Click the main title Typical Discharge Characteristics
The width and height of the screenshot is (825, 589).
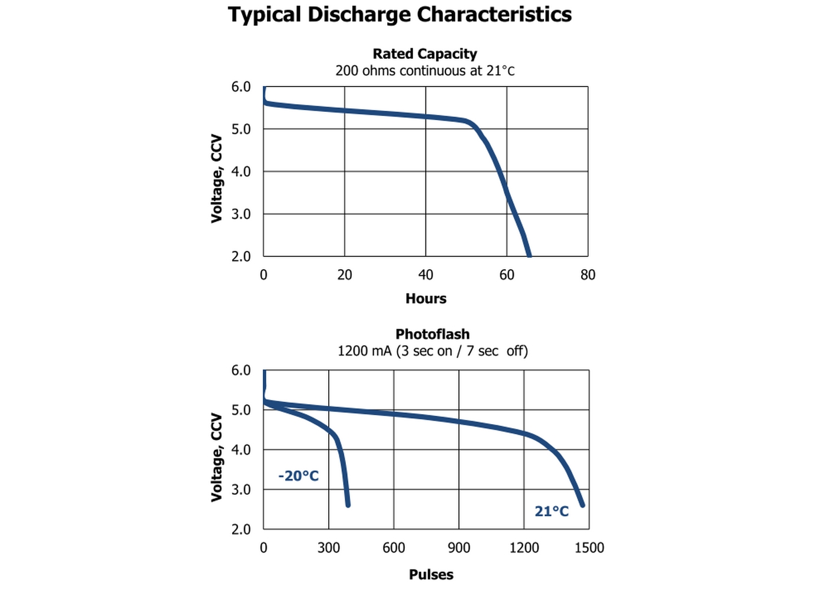pyautogui.click(x=400, y=15)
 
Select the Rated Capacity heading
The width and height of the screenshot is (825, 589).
pyautogui.click(x=424, y=54)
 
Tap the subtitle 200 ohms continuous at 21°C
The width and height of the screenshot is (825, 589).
pyautogui.click(x=424, y=71)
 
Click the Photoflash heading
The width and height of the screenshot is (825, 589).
pyautogui.click(x=432, y=335)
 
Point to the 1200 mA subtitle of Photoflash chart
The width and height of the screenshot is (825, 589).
pyautogui.click(x=432, y=351)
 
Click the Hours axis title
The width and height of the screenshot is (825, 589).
pyautogui.click(x=425, y=299)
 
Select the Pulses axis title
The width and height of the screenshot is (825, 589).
pyautogui.click(x=431, y=574)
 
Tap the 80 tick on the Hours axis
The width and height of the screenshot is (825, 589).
pyautogui.click(x=588, y=275)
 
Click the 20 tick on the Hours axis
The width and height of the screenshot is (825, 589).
pyautogui.click(x=345, y=275)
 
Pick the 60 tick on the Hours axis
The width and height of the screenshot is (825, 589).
pyautogui.click(x=507, y=275)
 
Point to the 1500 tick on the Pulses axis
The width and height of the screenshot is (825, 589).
pyautogui.click(x=589, y=548)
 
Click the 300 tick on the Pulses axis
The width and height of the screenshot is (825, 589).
pyautogui.click(x=329, y=548)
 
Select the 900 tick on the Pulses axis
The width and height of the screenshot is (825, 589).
pyautogui.click(x=459, y=548)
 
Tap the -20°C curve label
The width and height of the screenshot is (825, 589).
pyautogui.click(x=298, y=476)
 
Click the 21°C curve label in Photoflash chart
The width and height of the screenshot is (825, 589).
pyautogui.click(x=552, y=511)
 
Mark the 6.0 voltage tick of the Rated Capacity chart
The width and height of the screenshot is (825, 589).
pyautogui.click(x=241, y=87)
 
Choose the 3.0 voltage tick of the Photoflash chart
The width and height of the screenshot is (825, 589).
pyautogui.click(x=241, y=490)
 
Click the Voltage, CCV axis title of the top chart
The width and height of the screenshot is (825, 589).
pyautogui.click(x=217, y=178)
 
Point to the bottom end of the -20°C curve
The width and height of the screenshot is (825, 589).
pyautogui.click(x=348, y=505)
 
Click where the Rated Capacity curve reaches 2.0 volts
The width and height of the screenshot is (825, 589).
pyautogui.click(x=529, y=255)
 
